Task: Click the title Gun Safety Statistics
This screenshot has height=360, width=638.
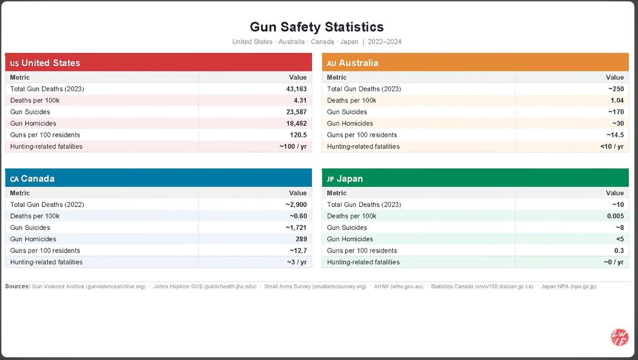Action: pos(317,27)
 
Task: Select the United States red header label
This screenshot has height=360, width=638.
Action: pos(45,63)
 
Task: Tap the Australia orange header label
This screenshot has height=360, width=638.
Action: pos(353,63)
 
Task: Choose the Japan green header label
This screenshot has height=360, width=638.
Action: pos(345,179)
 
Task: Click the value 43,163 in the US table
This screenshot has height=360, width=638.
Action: pos(297,89)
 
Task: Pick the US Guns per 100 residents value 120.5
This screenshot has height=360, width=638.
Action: pos(298,135)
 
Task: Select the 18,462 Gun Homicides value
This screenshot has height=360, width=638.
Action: pos(297,123)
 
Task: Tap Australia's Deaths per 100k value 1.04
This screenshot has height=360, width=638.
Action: pos(617,101)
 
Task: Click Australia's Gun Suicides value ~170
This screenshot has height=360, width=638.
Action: pos(616,112)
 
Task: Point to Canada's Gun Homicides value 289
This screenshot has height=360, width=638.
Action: pos(301,239)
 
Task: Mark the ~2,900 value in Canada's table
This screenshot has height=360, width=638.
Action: pos(296,204)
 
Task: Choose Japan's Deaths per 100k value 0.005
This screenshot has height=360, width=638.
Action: pos(615,216)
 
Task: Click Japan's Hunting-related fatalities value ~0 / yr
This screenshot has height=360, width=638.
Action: pos(614,262)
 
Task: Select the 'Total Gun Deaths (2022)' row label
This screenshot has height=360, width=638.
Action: pos(47,204)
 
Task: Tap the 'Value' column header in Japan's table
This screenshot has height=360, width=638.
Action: pos(615,193)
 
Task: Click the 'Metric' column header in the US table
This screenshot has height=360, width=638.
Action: pos(20,78)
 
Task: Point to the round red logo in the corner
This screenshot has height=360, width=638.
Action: pos(619,337)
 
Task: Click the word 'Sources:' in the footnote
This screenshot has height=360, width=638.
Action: pos(18,287)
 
